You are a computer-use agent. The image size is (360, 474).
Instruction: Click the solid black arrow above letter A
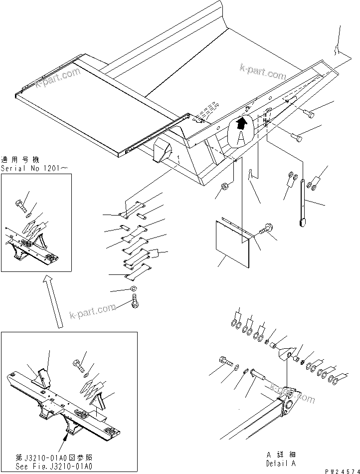point(242,122)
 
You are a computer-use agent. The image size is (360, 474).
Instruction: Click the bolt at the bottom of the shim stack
point(135,301)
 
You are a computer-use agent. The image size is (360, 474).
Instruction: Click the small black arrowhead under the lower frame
point(66,437)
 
